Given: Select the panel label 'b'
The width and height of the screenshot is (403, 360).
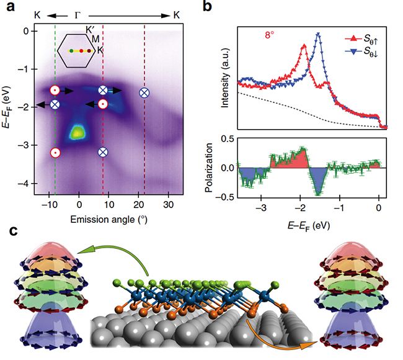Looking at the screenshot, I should [x=210, y=8].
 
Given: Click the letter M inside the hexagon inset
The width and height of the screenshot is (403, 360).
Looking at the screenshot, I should [x=96, y=39].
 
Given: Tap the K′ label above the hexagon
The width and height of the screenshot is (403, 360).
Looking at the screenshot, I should [x=92, y=29].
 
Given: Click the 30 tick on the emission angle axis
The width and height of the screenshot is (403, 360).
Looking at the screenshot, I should [x=167, y=204].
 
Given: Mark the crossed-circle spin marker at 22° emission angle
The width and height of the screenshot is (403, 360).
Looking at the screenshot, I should [x=144, y=92].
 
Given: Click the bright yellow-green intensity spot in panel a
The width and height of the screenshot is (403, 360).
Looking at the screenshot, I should [x=78, y=132].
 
